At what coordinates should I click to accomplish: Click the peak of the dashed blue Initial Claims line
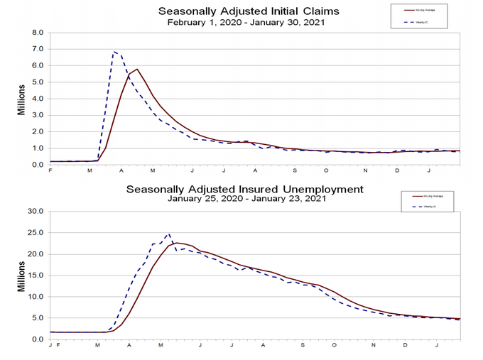coord(114,52)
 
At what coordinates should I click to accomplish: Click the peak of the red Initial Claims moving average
coord(136,70)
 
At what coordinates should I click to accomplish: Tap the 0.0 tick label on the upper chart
coord(38,164)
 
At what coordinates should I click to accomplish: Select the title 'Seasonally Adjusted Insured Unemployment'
coord(245,189)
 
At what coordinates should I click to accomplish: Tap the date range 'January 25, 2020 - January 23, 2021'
coord(245,200)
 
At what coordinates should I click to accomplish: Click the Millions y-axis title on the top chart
coord(21,99)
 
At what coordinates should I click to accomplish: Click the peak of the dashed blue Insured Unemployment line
coord(168,234)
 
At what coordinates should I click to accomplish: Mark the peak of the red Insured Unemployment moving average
coord(178,243)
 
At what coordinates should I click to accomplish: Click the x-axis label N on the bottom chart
coord(373,346)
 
